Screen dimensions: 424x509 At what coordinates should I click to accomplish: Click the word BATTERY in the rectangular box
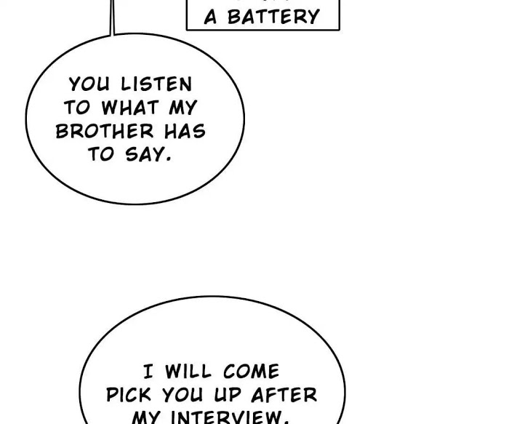pyautogui.click(x=273, y=17)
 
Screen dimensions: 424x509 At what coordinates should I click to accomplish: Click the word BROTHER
pyautogui.click(x=105, y=132)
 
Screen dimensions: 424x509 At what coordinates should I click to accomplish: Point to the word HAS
pyautogui.click(x=185, y=132)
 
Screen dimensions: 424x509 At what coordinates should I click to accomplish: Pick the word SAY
pyautogui.click(x=146, y=155)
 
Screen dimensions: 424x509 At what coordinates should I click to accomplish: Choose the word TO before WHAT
pyautogui.click(x=76, y=108)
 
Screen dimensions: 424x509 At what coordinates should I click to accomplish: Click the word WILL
pyautogui.click(x=189, y=372)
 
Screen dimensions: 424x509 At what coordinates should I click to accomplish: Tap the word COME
pyautogui.click(x=251, y=372)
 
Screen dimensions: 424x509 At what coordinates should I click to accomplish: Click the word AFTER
pyautogui.click(x=284, y=395)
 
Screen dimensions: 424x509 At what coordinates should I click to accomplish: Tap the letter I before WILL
pyautogui.click(x=148, y=372)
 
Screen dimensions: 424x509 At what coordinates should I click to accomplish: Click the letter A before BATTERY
pyautogui.click(x=211, y=17)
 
